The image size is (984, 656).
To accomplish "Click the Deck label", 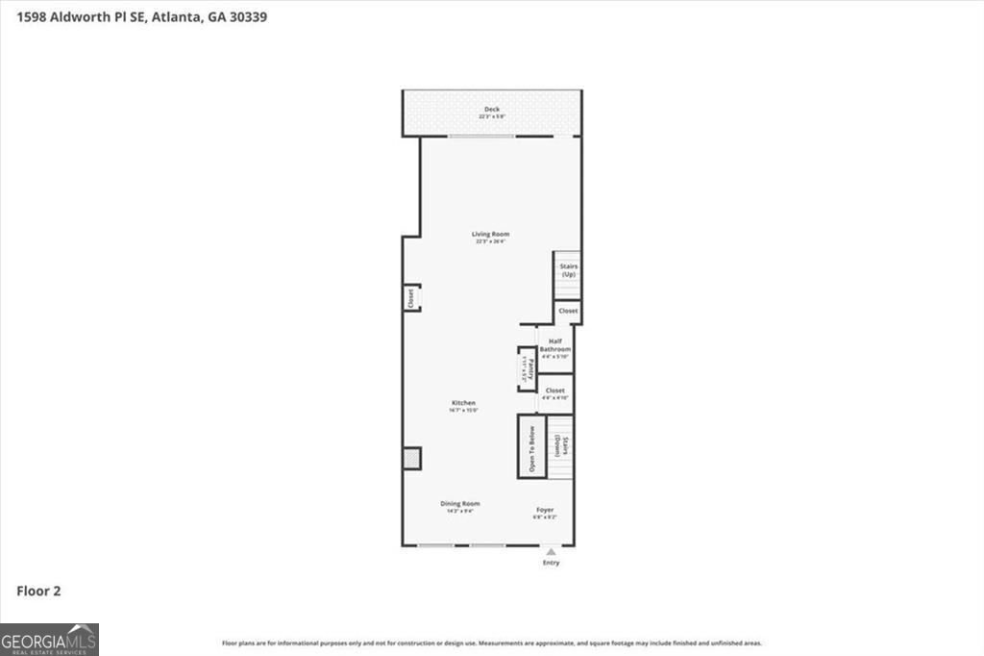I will tap(492, 110).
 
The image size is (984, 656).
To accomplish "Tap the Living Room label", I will tap(490, 235).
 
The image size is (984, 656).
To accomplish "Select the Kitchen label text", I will tap(463, 403).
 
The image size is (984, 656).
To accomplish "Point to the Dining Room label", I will tap(460, 504).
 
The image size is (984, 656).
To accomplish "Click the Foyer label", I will tap(545, 510).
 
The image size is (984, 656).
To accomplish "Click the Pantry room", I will tap(526, 369).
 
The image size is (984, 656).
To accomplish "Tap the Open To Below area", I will tap(531, 446).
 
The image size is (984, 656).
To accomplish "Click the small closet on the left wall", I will tap(410, 298).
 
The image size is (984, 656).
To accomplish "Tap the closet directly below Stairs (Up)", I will tap(568, 312).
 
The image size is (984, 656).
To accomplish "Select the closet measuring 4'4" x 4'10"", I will tap(554, 393).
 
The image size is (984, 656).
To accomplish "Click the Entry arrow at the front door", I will tap(551, 552).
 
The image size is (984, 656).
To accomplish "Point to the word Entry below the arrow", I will tap(551, 563).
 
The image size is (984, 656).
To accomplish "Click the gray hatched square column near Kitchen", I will tap(411, 459).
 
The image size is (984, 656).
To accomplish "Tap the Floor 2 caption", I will tap(38, 592).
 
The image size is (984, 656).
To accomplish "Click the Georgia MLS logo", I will tap(49, 640).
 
